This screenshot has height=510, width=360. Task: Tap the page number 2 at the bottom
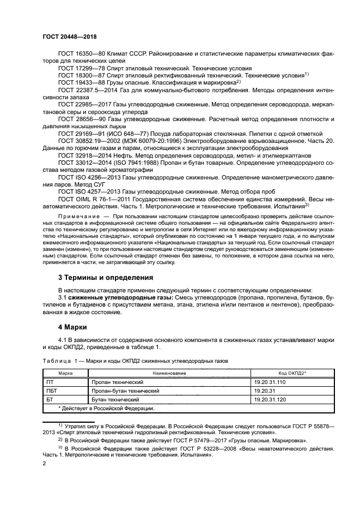click(x=44, y=464)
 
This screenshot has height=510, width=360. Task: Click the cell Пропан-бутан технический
click(x=125, y=391)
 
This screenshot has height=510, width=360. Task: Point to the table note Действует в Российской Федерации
click(x=106, y=408)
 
